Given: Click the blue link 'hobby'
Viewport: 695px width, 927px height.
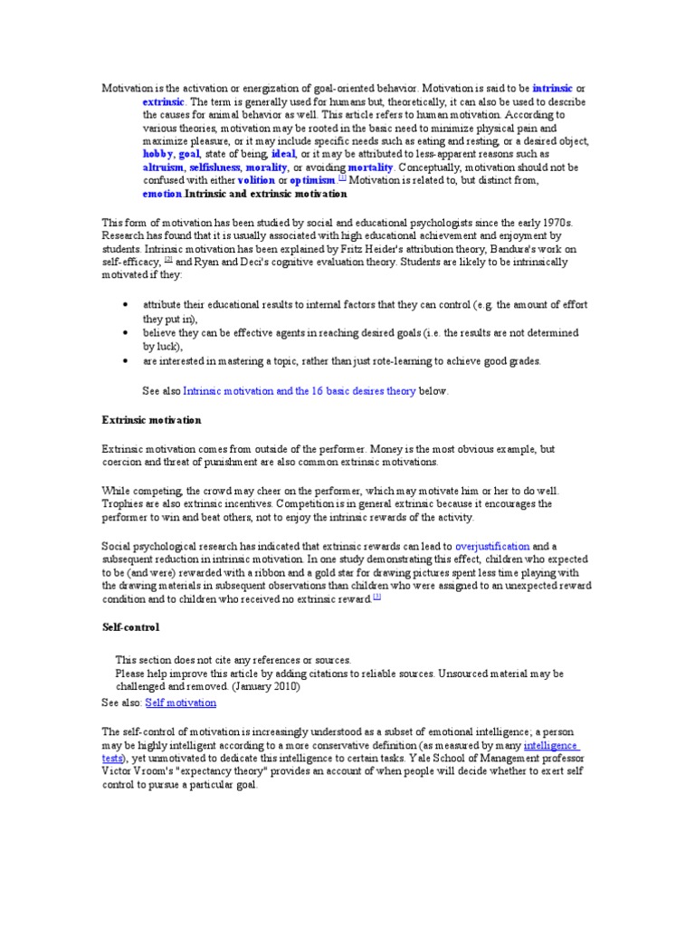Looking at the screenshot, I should [x=158, y=155].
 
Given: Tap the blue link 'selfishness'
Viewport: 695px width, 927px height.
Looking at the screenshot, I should [x=215, y=168].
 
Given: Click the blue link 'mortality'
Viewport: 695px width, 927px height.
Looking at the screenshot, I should [x=370, y=168].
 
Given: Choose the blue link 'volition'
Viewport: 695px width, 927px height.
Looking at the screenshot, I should [x=256, y=181].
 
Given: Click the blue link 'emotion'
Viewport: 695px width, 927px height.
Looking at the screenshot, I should [x=162, y=194].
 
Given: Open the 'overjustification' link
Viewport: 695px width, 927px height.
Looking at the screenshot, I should [x=493, y=547].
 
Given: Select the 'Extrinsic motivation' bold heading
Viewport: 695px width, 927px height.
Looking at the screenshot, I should [x=151, y=421].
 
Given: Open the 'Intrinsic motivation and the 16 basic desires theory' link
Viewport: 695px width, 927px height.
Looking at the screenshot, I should [x=300, y=392].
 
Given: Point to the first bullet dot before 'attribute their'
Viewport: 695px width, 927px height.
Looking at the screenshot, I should [x=123, y=306].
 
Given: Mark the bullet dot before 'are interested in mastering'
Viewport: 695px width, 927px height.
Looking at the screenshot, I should [x=123, y=361].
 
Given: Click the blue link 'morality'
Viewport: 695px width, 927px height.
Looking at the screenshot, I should [x=267, y=168].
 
